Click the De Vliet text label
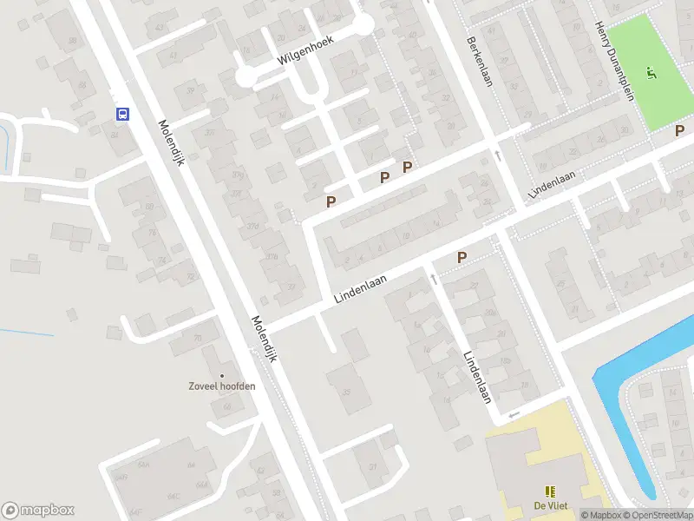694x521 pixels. coord(550,507)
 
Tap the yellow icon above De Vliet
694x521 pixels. coord(550,491)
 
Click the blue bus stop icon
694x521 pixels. coord(122,114)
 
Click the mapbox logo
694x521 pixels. coord(38,511)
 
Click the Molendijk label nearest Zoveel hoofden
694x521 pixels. coord(263,340)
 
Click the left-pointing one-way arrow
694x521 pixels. coord(513,414)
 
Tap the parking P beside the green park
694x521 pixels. coord(680,130)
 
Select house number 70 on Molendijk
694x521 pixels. coord(197,338)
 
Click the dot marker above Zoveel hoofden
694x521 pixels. coord(222,375)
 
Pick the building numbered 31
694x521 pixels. coord(374,468)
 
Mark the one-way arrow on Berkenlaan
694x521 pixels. coord(498,155)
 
